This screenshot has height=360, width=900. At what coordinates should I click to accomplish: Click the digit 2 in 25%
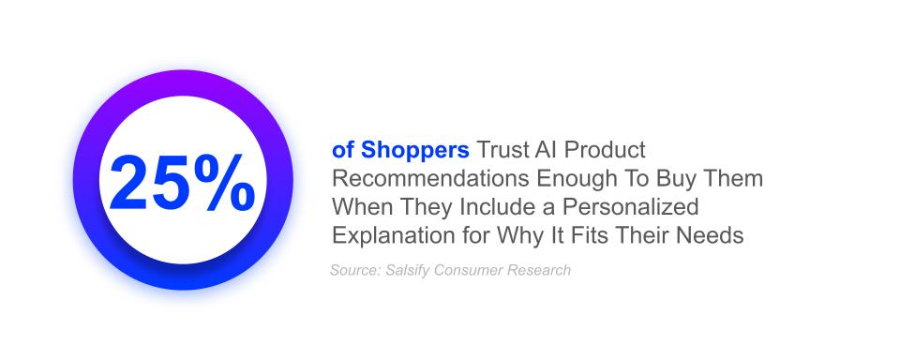point(129,182)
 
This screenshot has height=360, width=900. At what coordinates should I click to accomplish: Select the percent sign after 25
point(224,182)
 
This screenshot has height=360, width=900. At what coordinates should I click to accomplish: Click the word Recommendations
point(430,178)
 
